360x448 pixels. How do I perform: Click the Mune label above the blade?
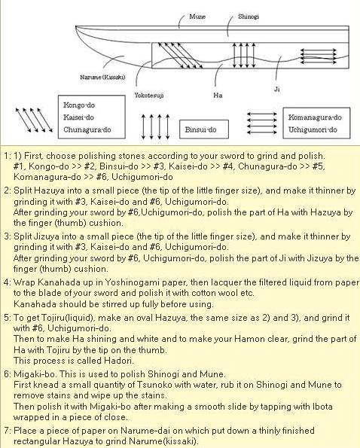[197, 17]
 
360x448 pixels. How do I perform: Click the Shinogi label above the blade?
[249, 17]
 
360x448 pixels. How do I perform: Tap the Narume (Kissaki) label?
[102, 77]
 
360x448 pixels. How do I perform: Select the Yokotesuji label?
[149, 95]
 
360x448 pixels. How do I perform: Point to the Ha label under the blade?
[218, 95]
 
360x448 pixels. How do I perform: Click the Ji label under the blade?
[277, 89]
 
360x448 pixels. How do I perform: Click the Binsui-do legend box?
[204, 130]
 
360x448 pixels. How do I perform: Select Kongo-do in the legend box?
[79, 105]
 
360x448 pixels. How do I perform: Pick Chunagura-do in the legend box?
[87, 130]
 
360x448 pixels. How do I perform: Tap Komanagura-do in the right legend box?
[315, 117]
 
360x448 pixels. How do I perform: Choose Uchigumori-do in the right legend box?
[313, 130]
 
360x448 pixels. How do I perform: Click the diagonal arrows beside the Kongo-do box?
[34, 120]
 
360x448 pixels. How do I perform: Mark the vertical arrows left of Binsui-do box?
[156, 126]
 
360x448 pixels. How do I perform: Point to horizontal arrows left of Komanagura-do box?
[262, 123]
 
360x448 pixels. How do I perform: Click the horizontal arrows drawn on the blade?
[319, 56]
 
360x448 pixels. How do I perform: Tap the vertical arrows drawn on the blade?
[244, 55]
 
